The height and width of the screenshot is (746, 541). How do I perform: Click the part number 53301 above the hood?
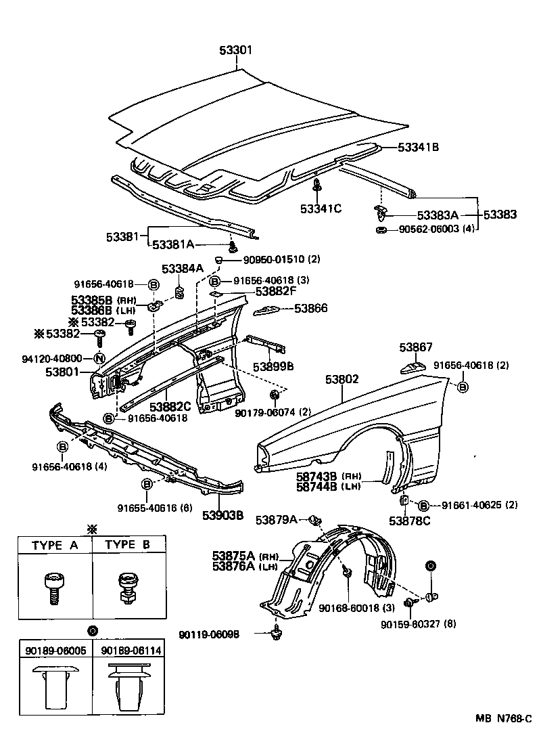click(237, 51)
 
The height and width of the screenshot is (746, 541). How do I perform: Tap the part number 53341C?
click(321, 209)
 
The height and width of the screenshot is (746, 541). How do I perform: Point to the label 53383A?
click(438, 215)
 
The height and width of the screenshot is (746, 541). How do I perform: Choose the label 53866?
click(310, 308)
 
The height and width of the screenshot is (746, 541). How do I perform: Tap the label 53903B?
click(222, 514)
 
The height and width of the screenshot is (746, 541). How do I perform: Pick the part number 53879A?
click(276, 519)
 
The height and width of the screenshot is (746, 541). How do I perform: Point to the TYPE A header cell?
click(54, 545)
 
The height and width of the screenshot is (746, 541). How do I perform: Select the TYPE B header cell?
click(128, 545)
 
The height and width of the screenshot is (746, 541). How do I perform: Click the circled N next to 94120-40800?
click(99, 358)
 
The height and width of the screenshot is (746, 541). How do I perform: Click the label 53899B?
click(273, 366)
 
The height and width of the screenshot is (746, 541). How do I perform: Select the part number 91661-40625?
click(471, 505)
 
